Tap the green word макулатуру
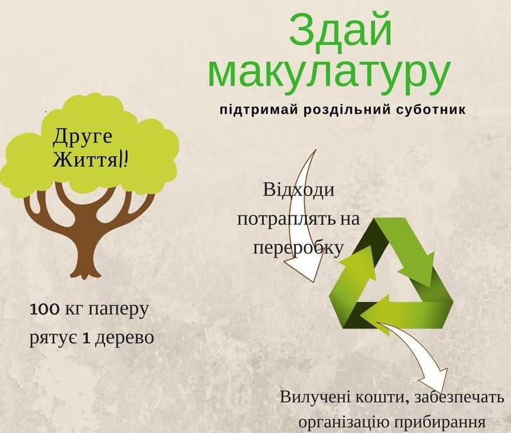coord(329,74)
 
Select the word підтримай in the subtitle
coord(259,110)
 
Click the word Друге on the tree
coord(82,137)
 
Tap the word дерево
coord(125,338)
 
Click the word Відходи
coord(299,190)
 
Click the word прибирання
coord(440,423)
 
